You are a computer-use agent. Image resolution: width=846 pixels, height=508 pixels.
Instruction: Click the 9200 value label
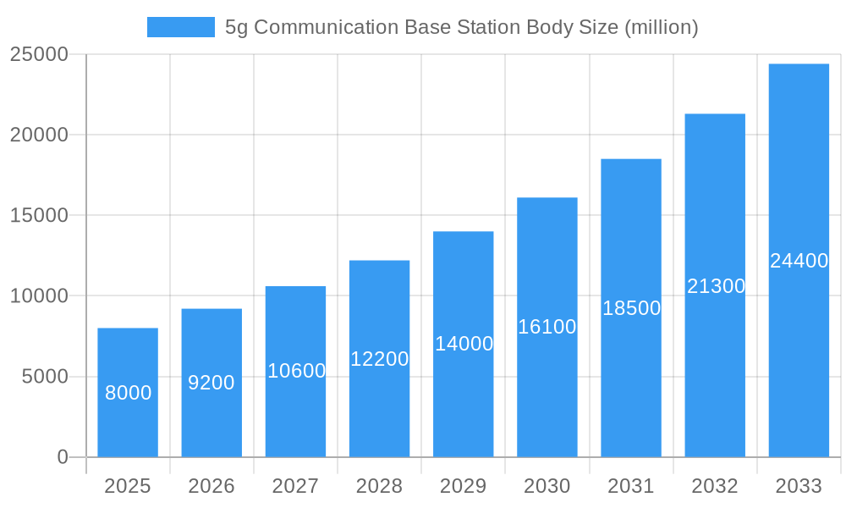[x=211, y=383]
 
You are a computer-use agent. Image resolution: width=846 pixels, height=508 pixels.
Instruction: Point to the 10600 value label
[x=296, y=371]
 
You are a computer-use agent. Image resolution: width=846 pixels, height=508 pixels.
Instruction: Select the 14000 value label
[x=464, y=344]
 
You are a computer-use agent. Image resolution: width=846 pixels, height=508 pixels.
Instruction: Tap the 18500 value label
[x=631, y=308]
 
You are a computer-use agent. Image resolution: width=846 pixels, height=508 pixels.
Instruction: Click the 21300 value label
[x=716, y=286]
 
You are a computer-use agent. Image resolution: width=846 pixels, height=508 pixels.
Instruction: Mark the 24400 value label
[x=799, y=261]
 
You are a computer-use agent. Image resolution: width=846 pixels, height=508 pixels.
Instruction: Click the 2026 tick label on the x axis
[x=211, y=486]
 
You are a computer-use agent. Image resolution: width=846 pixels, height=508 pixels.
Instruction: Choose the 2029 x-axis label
[x=464, y=486]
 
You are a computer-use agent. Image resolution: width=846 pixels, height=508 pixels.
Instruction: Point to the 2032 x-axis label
[x=715, y=486]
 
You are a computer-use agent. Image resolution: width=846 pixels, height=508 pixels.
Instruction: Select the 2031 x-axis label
[x=631, y=486]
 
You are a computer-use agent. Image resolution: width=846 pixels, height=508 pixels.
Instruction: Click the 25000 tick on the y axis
[x=38, y=54]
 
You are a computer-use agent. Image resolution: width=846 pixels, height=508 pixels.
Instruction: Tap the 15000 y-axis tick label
[x=38, y=215]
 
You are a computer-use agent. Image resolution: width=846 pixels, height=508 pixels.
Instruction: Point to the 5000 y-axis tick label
[x=45, y=377]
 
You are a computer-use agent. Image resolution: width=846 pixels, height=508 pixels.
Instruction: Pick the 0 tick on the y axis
[x=63, y=457]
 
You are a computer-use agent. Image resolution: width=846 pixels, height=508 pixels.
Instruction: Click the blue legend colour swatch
[x=180, y=27]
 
